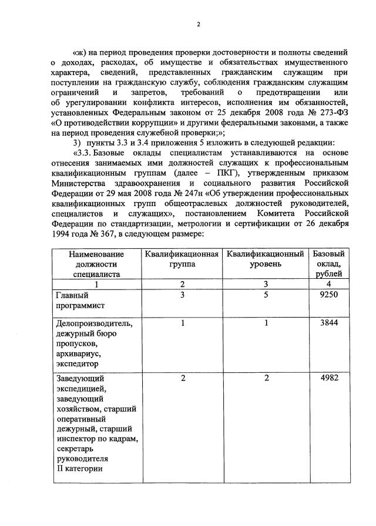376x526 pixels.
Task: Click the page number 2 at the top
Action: click(199, 24)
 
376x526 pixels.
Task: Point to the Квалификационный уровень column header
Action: click(266, 259)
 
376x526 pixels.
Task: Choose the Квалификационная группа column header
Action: click(183, 259)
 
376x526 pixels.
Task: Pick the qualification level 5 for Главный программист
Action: click(266, 295)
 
